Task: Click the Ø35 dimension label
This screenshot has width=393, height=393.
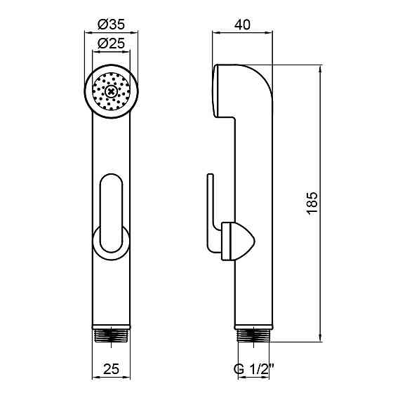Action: pos(111,25)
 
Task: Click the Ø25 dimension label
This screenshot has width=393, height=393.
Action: pos(111,43)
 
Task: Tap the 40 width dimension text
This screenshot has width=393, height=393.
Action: pos(242,25)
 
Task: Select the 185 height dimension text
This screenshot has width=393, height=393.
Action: pos(312,203)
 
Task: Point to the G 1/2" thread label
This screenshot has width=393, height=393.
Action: pos(253,369)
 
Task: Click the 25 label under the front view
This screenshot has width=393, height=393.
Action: pos(111,369)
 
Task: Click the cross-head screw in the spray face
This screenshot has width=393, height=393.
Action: pos(111,91)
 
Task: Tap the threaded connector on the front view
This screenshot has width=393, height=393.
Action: pos(112,335)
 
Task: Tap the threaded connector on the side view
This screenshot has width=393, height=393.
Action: pos(253,335)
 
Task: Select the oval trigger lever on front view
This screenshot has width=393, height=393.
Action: pos(112,213)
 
